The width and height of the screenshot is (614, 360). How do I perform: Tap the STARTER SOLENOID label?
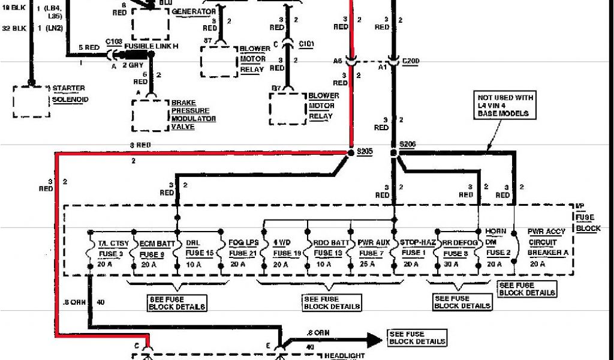point(69,94)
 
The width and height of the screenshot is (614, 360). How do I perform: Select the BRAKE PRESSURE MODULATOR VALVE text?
point(194,115)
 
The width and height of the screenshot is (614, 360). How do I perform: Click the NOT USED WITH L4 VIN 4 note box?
point(505,106)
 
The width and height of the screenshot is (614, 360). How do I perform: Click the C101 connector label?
point(306,44)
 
